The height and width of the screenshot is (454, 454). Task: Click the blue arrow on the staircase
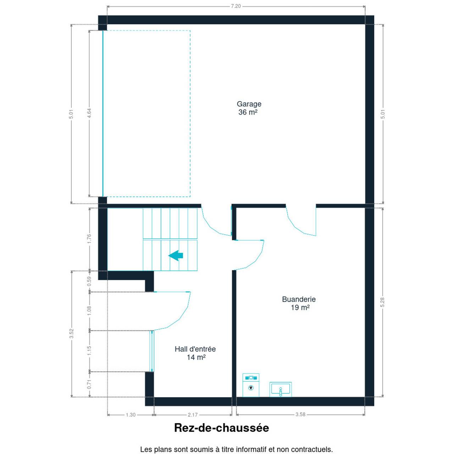176,256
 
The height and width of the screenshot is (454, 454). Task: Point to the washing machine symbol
251,385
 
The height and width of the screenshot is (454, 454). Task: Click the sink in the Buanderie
280,389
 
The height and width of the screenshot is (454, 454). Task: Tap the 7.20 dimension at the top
236,6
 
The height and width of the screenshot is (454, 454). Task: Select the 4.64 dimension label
89,113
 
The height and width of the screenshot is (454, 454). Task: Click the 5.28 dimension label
382,302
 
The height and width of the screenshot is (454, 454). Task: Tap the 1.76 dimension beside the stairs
89,239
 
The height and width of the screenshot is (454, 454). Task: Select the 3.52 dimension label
72,334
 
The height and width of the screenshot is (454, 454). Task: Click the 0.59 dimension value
89,281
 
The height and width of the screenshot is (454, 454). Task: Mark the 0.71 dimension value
89,384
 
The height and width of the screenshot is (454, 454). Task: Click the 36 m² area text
248,112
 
